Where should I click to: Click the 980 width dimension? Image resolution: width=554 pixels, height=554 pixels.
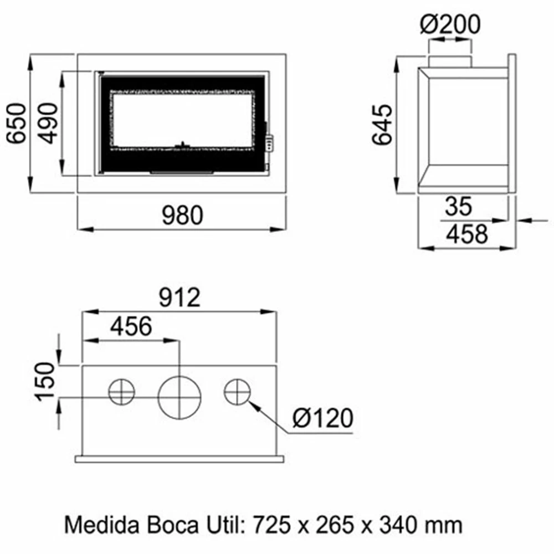[182, 216]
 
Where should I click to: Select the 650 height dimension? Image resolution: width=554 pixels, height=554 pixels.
[17, 123]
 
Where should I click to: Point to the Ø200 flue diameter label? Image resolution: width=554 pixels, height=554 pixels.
[449, 25]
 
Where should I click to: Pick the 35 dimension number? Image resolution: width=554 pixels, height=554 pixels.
[458, 207]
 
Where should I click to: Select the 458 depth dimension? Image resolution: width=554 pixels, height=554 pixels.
[467, 234]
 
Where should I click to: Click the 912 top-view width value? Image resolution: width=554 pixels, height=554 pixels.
[179, 299]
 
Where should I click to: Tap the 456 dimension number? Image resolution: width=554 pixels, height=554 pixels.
[131, 327]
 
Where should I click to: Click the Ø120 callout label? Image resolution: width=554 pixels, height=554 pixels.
[322, 419]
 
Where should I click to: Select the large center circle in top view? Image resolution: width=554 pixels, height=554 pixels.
[180, 396]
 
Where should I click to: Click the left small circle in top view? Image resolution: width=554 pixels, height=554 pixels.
[121, 393]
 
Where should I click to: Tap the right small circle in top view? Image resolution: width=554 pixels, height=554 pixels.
[237, 392]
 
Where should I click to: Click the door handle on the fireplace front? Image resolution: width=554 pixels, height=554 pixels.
[269, 142]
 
